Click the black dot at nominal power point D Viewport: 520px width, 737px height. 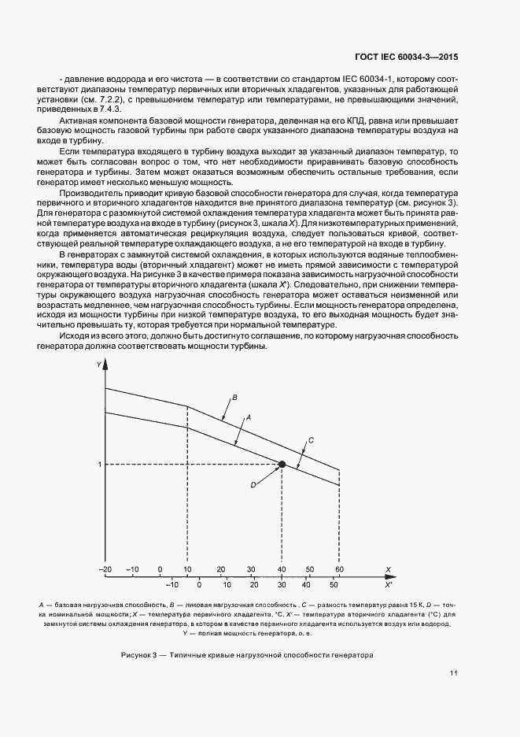click(282, 465)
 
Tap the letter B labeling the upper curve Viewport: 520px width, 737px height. click(234, 397)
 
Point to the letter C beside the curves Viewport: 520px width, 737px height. click(311, 439)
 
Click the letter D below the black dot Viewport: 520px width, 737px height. click(253, 485)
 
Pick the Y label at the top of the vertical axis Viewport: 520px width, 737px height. click(98, 365)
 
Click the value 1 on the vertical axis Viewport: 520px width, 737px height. click(100, 465)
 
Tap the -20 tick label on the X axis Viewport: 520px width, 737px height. click(105, 568)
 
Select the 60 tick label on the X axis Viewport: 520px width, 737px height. click(339, 568)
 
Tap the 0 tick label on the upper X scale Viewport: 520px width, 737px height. click(160, 568)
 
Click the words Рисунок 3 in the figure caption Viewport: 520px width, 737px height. click(141, 655)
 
